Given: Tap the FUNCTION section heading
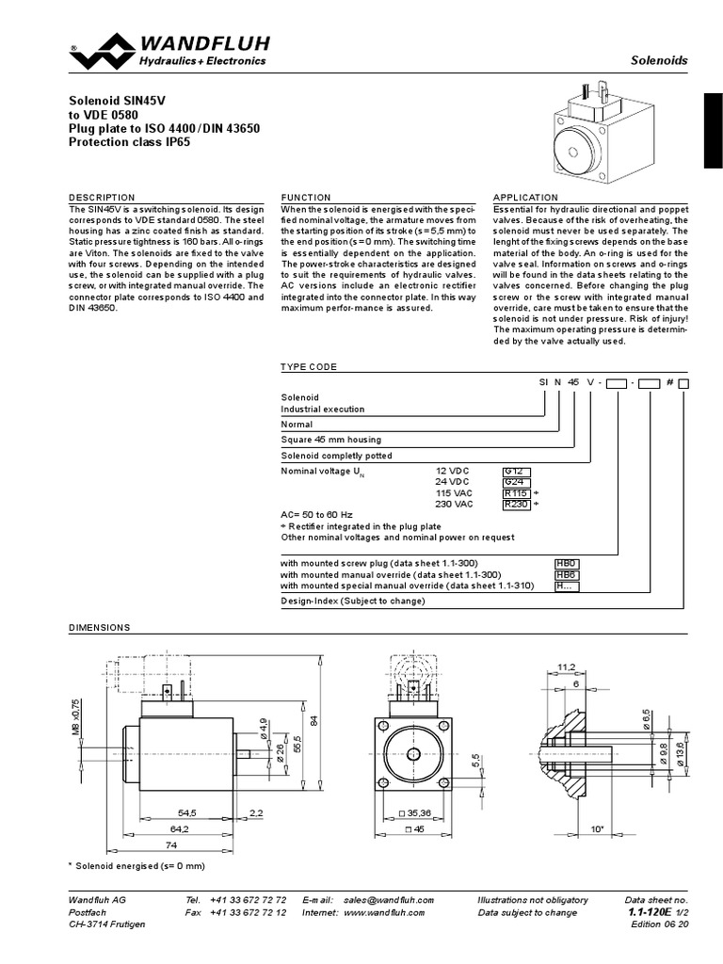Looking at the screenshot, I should [x=306, y=198].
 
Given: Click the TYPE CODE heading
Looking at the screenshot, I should [x=309, y=366].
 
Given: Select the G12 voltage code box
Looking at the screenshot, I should [x=515, y=469].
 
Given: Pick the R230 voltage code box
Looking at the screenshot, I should [x=516, y=504].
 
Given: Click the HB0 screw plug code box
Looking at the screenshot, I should [x=566, y=563].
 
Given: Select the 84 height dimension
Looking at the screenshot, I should [x=329, y=721].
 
